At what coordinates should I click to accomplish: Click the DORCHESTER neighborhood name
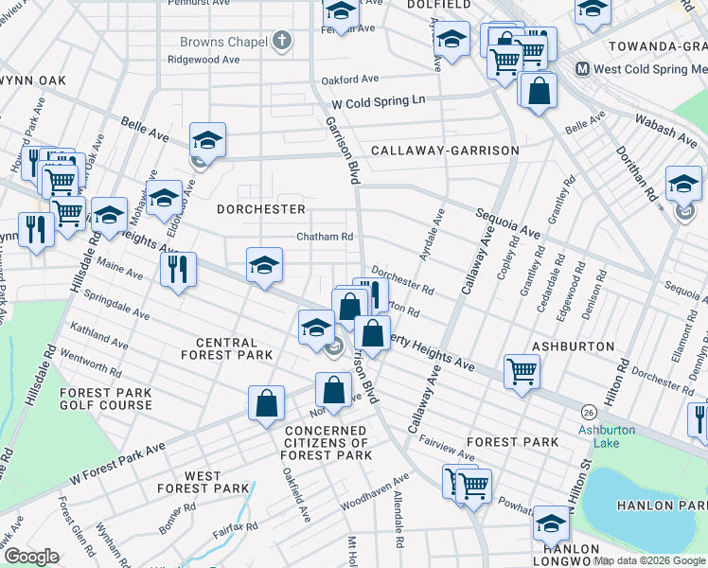point(261,208)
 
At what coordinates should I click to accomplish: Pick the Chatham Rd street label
point(325,237)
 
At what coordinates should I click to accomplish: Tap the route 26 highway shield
point(589,413)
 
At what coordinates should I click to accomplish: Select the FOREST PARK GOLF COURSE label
point(105,399)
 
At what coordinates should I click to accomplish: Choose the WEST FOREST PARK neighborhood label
point(203,482)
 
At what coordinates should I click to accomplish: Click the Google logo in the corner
point(30,557)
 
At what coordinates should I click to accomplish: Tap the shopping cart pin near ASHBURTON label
point(521,371)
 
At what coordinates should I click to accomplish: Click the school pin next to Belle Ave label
point(207,140)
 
